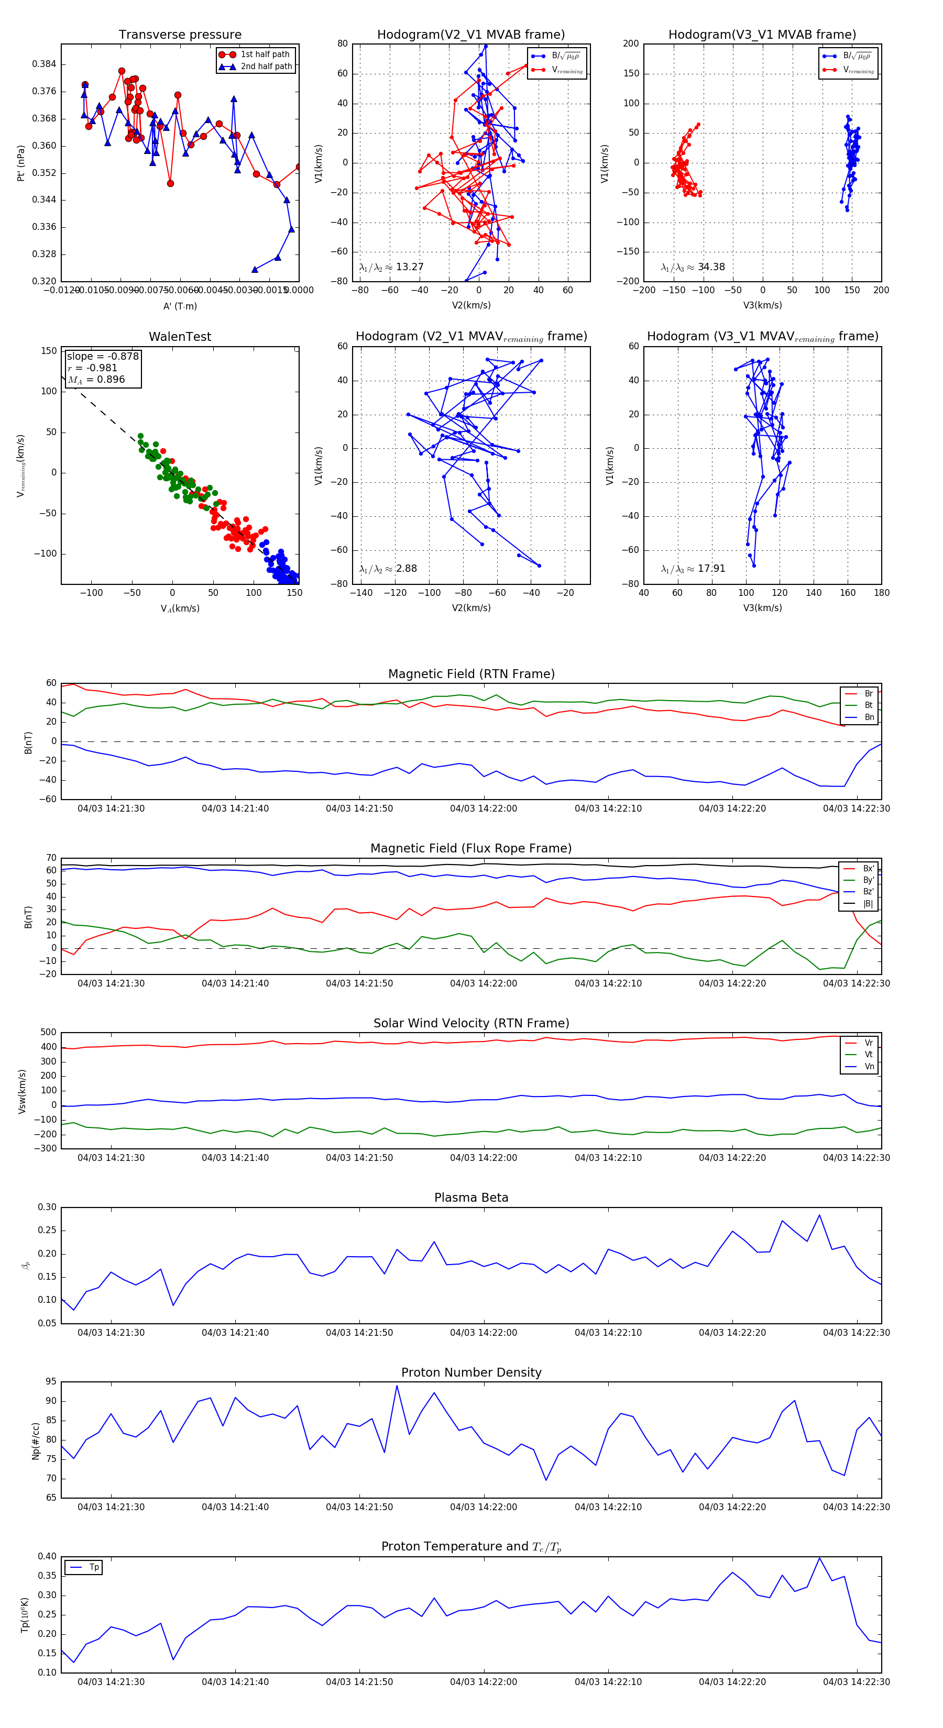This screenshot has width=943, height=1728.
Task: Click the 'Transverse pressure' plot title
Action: point(180,35)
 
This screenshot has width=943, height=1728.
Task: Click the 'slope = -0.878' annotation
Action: point(103,356)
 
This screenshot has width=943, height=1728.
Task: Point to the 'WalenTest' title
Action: point(180,337)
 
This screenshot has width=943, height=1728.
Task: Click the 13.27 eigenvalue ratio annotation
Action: point(391,267)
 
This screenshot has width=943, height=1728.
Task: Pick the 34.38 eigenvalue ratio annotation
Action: point(693,267)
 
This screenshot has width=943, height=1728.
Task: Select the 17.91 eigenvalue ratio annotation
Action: point(693,569)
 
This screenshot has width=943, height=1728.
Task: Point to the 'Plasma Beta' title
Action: point(471,1198)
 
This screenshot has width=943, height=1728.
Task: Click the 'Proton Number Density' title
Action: point(471,1372)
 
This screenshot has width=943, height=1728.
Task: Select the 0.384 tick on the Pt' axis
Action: point(45,64)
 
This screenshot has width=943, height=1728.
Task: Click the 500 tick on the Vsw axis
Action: point(48,1033)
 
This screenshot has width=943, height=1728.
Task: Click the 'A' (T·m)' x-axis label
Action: point(180,306)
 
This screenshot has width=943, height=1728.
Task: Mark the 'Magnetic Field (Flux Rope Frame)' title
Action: point(471,849)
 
